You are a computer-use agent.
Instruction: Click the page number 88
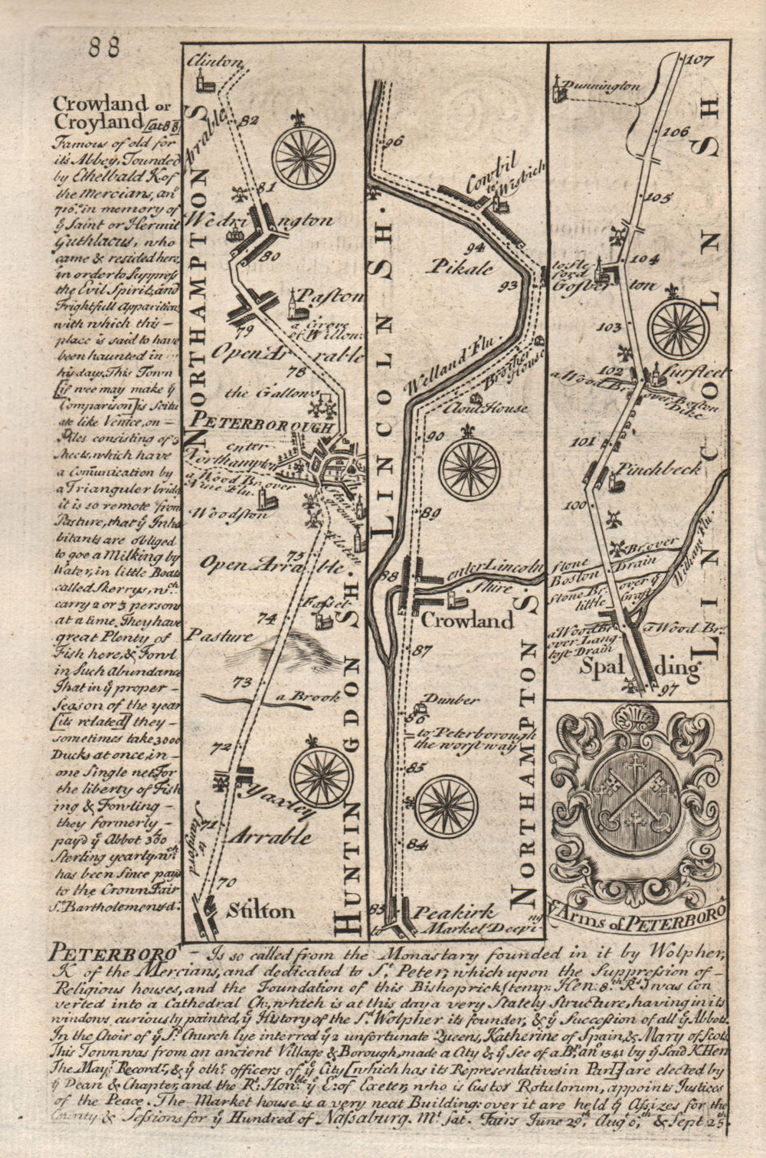[104, 48]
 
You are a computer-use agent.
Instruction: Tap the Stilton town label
[260, 910]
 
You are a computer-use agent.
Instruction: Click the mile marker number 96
[394, 141]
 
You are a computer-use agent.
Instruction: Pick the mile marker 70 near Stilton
[224, 882]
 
